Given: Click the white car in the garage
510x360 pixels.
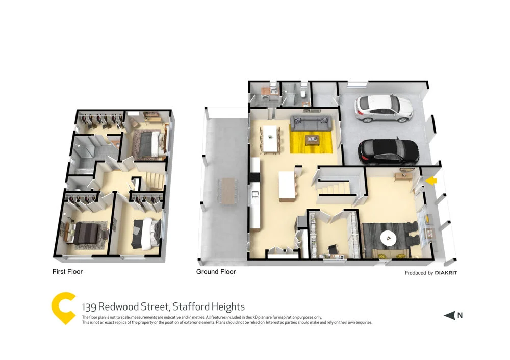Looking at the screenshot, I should tap(384, 108).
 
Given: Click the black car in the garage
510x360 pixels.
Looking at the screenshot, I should tap(389, 150).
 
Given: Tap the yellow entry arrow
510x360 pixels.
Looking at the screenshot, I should tap(431, 180).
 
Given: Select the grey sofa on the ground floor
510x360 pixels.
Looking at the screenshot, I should tap(311, 122).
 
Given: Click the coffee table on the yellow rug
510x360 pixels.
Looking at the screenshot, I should tap(312, 139).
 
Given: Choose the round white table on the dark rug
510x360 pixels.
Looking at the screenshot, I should tap(390, 237).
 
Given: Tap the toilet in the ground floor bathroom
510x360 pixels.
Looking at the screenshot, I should tap(303, 93).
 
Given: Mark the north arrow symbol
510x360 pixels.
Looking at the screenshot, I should tap(449, 316).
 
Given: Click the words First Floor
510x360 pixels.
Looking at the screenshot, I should tap(67, 272).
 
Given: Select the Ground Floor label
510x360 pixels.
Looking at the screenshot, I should tap(216, 272).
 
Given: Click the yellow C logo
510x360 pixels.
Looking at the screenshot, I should tap(64, 308).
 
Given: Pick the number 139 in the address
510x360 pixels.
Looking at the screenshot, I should tap(89, 307).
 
